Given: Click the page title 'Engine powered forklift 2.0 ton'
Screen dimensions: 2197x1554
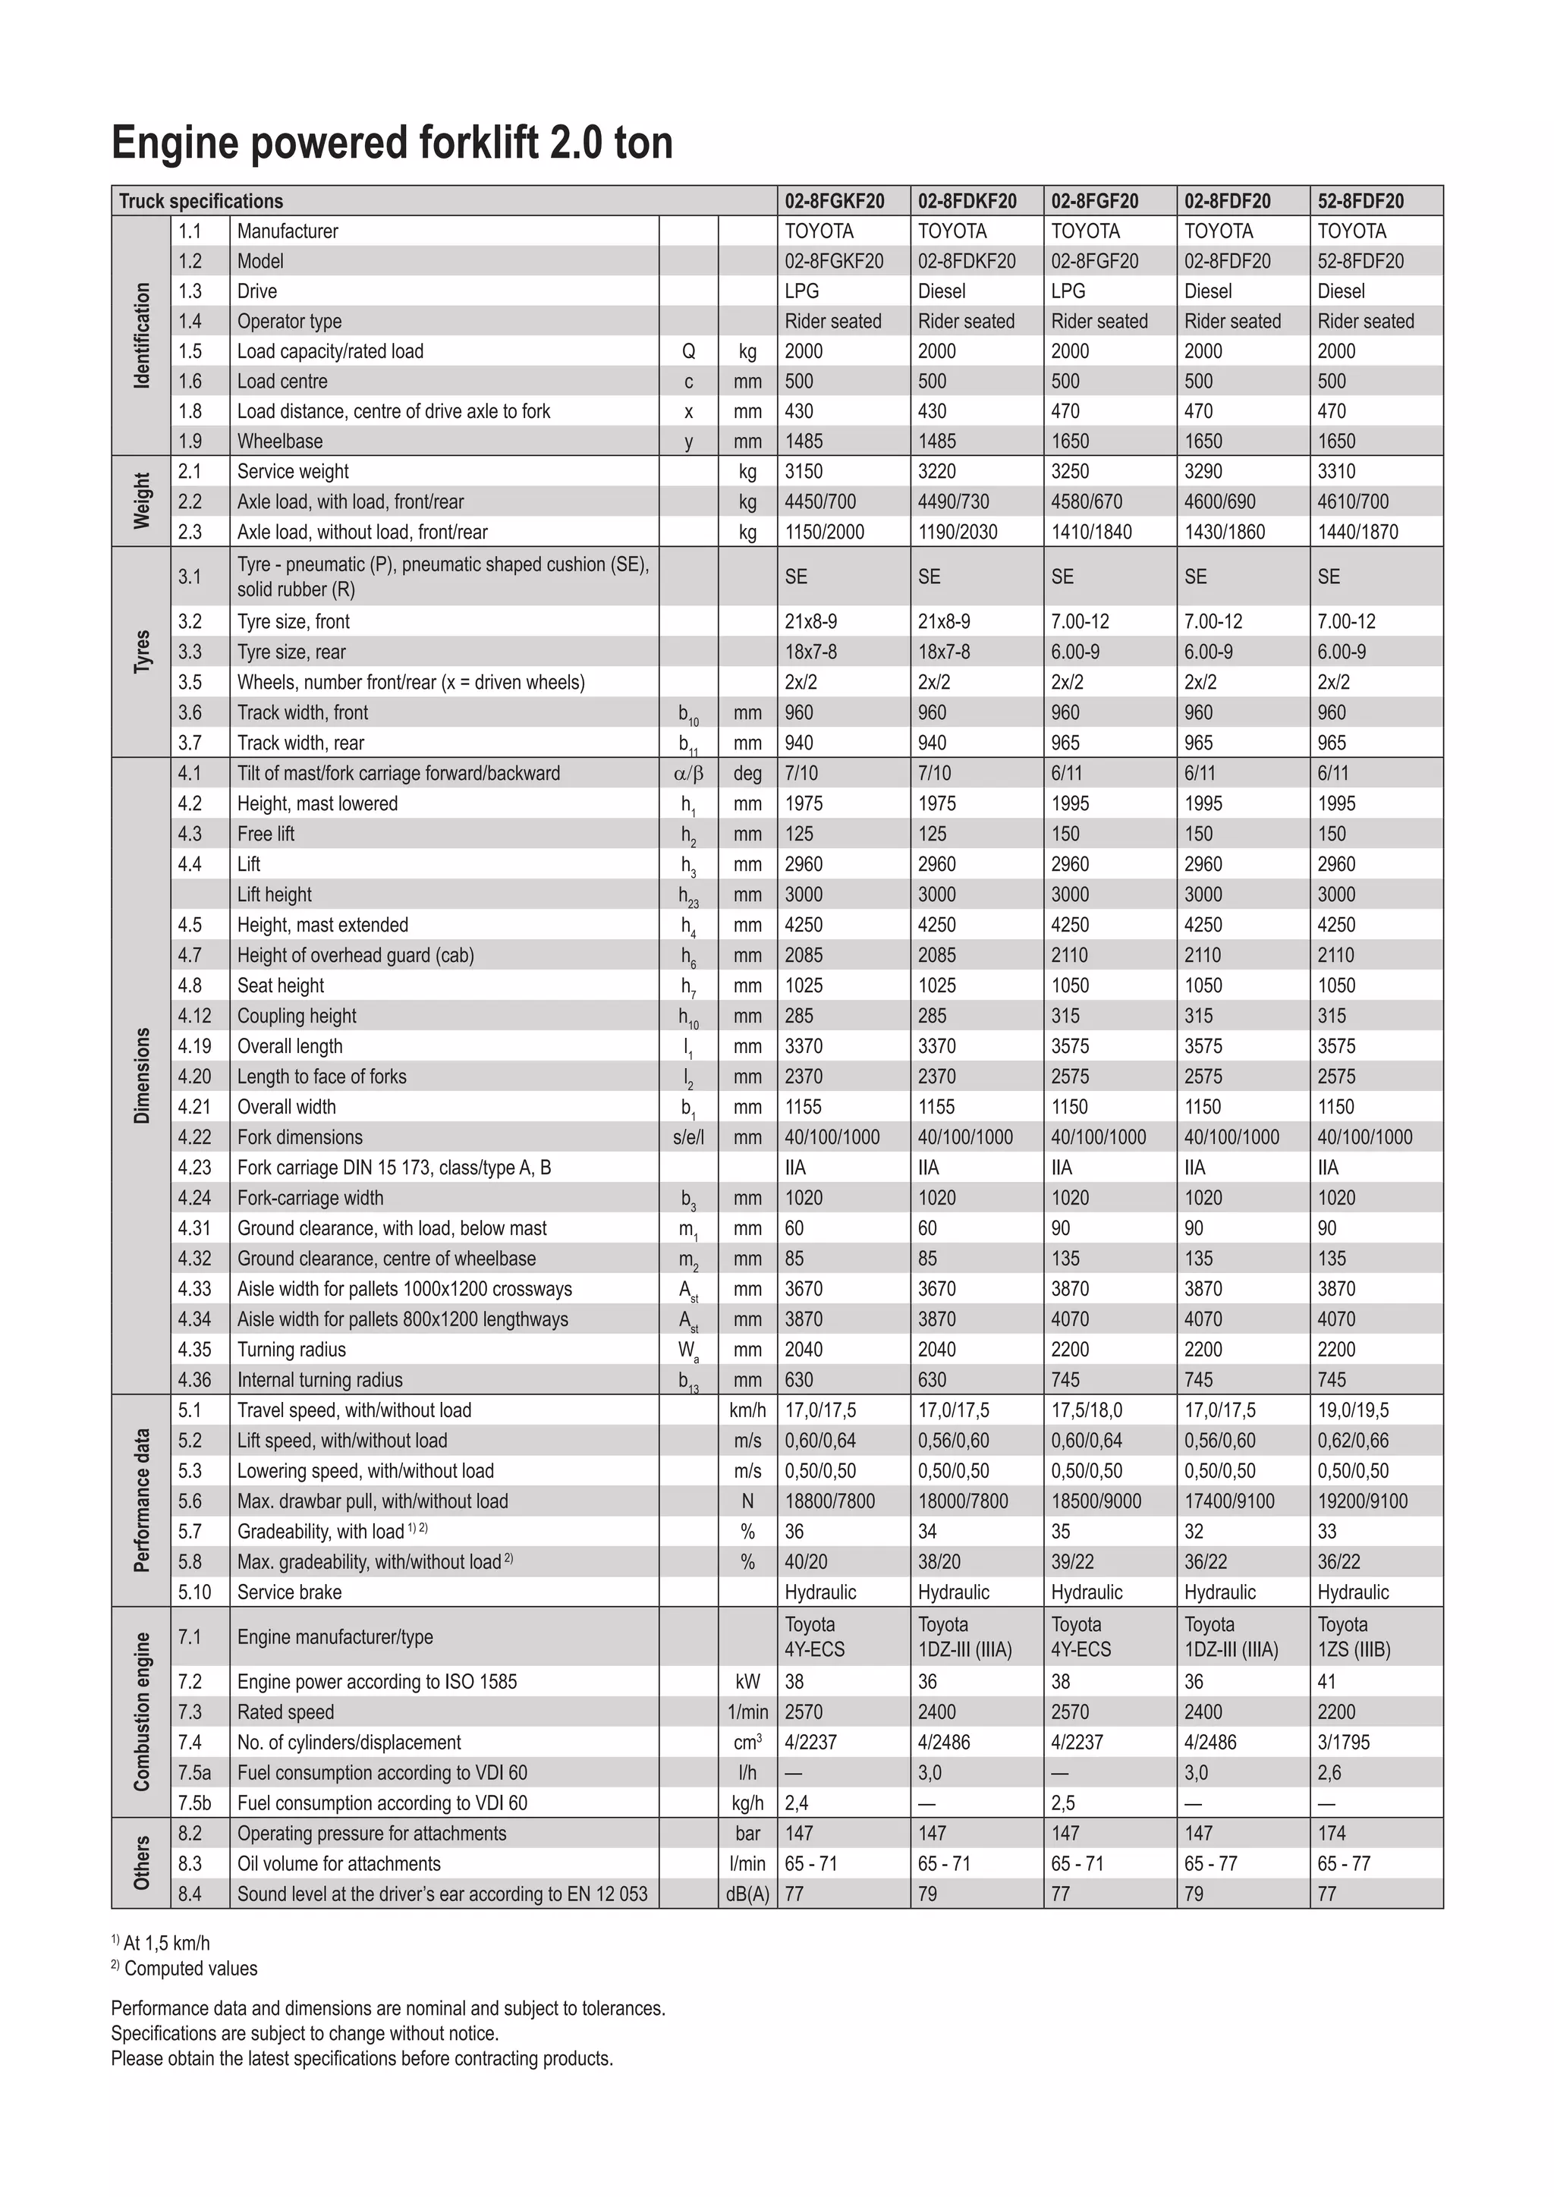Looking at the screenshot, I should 392,143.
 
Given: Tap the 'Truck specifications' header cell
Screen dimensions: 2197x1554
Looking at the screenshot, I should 201,201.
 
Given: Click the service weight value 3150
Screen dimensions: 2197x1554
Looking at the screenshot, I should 804,471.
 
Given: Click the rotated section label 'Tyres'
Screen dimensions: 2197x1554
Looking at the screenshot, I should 142,652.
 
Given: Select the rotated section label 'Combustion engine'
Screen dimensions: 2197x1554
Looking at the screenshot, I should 142,1712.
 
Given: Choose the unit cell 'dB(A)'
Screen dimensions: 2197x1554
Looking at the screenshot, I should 747,1894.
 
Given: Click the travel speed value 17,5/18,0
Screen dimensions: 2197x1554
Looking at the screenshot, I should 1086,1410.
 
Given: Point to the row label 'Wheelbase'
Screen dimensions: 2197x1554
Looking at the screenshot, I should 279,441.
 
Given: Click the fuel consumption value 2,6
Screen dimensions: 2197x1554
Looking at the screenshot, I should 1329,1772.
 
